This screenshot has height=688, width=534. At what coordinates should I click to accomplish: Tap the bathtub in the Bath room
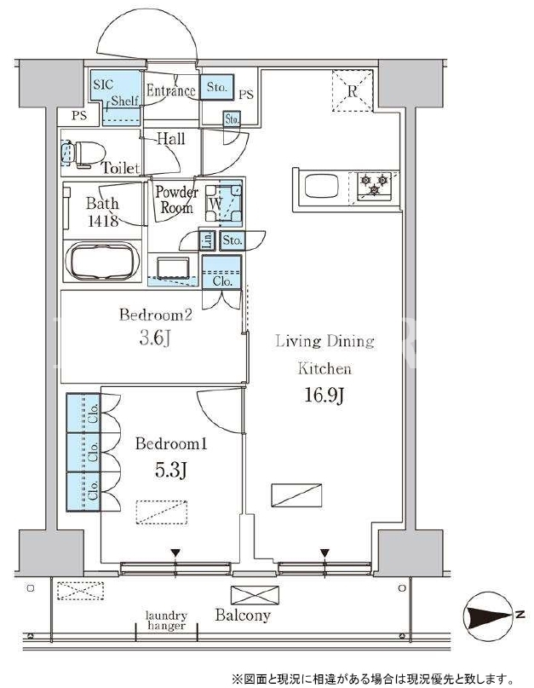click(102, 262)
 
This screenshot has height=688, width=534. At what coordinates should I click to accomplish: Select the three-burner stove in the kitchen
click(374, 185)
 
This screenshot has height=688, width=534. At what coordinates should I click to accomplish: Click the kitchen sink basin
click(322, 186)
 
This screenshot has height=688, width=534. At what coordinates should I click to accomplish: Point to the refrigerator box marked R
click(352, 91)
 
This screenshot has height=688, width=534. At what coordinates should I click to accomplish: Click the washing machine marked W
click(223, 203)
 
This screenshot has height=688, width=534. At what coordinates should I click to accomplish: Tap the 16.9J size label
click(324, 396)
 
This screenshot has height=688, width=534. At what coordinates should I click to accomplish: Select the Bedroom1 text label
click(171, 443)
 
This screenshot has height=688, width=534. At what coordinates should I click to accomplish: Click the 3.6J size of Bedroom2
click(155, 338)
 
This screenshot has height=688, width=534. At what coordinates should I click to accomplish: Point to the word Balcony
click(243, 616)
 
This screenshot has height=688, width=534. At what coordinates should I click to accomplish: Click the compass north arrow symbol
click(487, 616)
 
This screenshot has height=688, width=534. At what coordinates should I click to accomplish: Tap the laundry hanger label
click(166, 621)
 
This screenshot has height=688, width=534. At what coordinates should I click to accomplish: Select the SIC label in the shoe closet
click(103, 84)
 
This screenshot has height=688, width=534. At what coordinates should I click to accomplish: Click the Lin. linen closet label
click(208, 240)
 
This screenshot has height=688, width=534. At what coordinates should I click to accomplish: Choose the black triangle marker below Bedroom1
click(175, 552)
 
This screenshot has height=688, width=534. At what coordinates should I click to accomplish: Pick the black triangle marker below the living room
click(324, 552)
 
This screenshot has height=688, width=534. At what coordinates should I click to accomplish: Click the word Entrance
click(170, 91)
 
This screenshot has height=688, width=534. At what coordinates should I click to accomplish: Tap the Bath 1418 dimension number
click(103, 220)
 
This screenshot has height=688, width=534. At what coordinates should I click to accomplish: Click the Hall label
click(171, 139)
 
